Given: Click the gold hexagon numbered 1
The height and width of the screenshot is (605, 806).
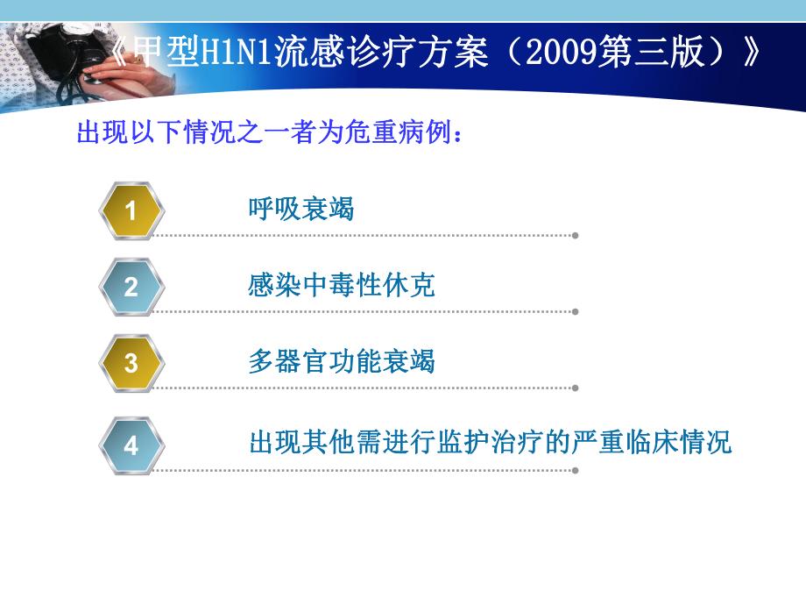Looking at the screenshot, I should point(131,210).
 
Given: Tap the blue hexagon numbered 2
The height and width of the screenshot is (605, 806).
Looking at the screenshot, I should point(131,287).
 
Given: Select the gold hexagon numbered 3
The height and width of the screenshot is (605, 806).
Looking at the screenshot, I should point(131,362).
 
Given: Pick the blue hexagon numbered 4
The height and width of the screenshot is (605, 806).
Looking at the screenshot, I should point(131,445).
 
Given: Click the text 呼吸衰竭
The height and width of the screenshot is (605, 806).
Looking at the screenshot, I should point(301,210).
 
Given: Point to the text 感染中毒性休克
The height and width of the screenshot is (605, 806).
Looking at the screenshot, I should point(342,286).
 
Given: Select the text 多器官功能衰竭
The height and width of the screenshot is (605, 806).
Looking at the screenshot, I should point(342,362).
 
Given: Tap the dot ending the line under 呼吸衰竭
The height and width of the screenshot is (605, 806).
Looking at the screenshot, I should point(575,235).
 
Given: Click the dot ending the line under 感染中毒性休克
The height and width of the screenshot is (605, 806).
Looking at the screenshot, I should point(575,311).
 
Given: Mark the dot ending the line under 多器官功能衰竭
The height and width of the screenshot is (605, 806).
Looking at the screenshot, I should point(575,388).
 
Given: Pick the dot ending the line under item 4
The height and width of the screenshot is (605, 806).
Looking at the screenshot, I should point(575,470).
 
